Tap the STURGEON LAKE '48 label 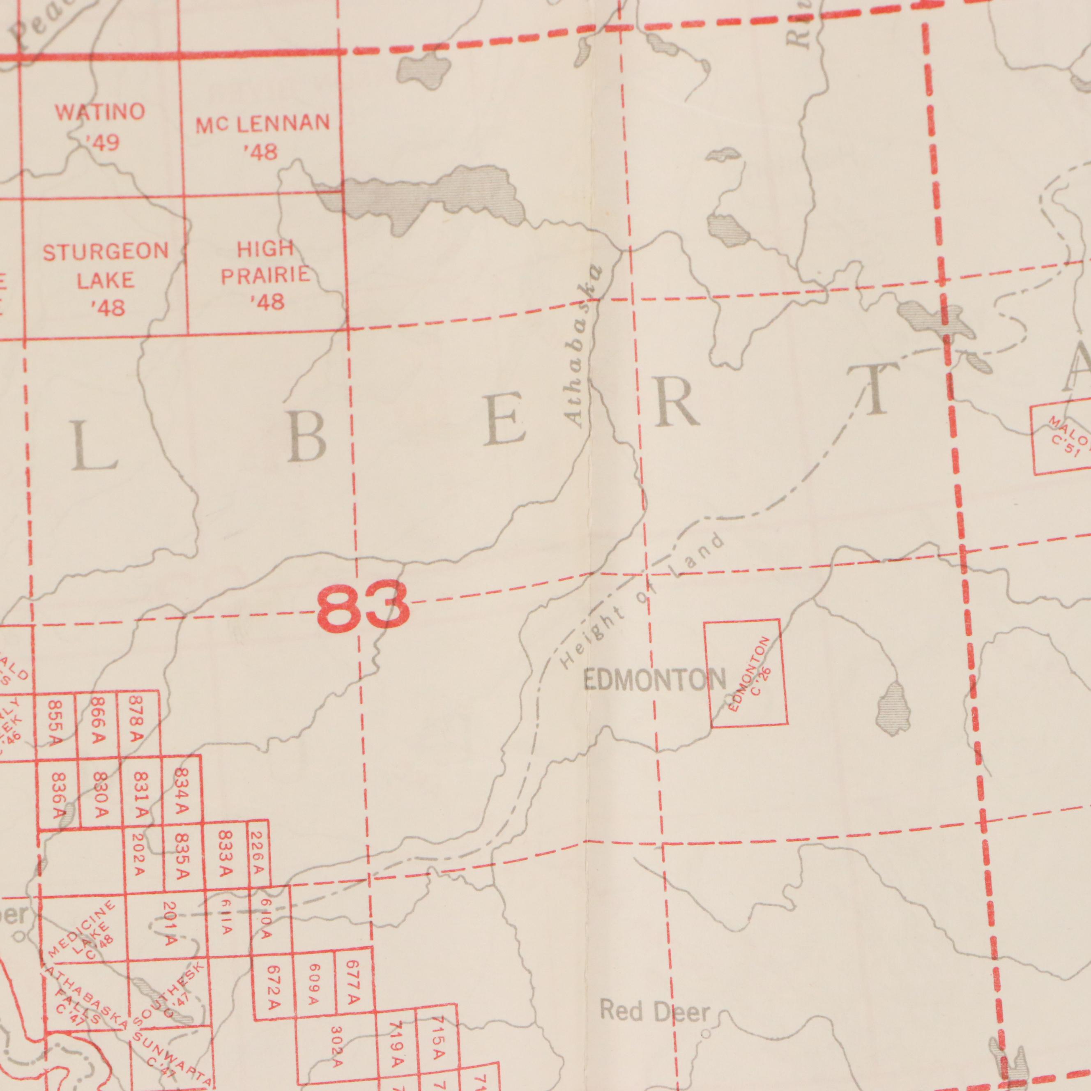click(106, 279)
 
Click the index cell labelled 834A click(181, 791)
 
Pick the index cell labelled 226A click(258, 853)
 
